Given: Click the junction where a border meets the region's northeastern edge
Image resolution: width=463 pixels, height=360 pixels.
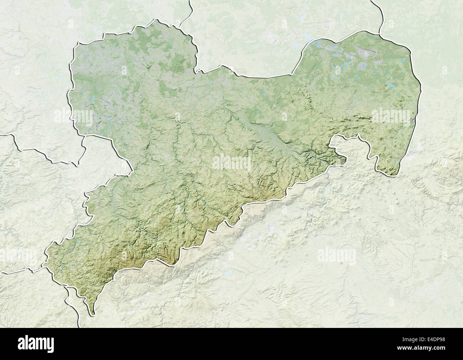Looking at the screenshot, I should click(380, 34).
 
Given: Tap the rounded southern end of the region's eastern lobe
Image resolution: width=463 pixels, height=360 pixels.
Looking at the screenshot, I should click(392, 174).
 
